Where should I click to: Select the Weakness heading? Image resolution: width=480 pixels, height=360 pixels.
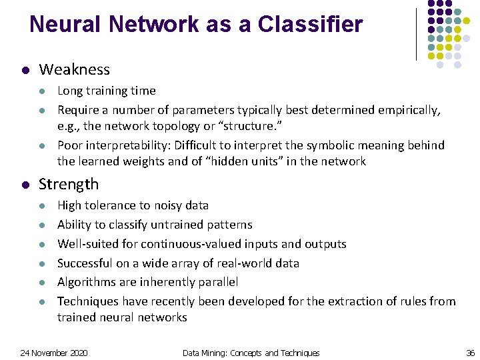75,69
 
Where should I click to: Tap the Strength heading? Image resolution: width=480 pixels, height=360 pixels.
69,184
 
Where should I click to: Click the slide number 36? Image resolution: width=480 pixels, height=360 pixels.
470,353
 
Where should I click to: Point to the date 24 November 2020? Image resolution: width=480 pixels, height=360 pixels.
54,353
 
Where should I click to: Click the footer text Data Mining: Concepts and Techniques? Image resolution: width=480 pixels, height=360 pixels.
251,353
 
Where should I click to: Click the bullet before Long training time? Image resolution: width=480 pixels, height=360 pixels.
41,91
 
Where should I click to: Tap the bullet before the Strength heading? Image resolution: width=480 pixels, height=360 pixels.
25,185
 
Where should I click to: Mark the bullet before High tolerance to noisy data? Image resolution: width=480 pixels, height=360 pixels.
41,206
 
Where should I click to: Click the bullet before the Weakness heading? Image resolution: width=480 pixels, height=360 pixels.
25,70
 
